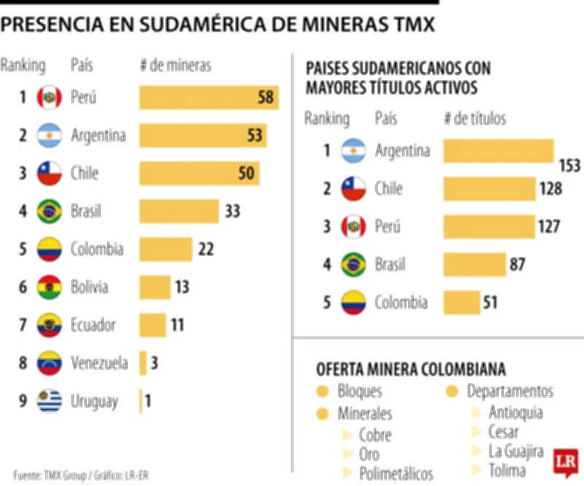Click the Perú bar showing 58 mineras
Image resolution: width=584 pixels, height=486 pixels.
click(x=209, y=97)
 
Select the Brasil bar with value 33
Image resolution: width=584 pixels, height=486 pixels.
click(x=179, y=212)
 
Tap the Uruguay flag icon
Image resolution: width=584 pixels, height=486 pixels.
click(x=49, y=401)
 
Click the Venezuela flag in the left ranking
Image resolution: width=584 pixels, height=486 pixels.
click(x=49, y=363)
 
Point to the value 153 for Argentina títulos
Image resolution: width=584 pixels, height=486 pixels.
click(x=569, y=166)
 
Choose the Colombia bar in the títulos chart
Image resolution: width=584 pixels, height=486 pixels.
click(x=461, y=302)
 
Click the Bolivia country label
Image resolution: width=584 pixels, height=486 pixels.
click(x=89, y=287)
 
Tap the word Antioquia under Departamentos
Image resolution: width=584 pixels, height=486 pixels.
click(x=515, y=412)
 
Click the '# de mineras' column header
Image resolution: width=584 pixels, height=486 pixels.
click(x=175, y=65)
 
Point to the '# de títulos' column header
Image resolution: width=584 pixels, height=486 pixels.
click(x=474, y=118)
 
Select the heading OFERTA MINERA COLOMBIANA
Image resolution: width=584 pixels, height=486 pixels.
click(x=410, y=369)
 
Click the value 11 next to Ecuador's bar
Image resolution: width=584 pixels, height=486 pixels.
click(x=177, y=325)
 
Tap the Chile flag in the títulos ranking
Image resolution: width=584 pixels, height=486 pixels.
click(x=353, y=189)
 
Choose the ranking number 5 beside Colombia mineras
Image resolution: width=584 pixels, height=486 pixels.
click(x=23, y=249)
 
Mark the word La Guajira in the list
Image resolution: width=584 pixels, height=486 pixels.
click(x=516, y=450)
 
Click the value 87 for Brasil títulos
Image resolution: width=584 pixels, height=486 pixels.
click(x=518, y=264)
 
